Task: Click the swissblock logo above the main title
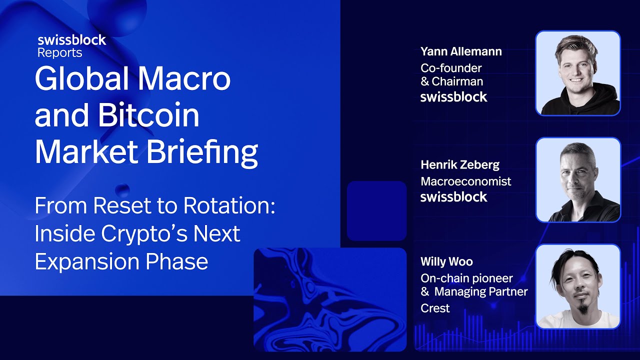71,40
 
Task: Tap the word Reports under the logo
59,52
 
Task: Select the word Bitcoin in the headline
148,115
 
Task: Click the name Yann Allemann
461,51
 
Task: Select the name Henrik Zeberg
460,164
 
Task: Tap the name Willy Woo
446,261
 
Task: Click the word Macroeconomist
466,181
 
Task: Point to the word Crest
435,308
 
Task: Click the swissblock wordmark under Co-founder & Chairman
453,97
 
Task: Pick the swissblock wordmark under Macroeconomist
453,197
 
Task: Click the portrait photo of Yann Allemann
578,73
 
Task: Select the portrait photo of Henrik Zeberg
578,180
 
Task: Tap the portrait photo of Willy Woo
578,286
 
